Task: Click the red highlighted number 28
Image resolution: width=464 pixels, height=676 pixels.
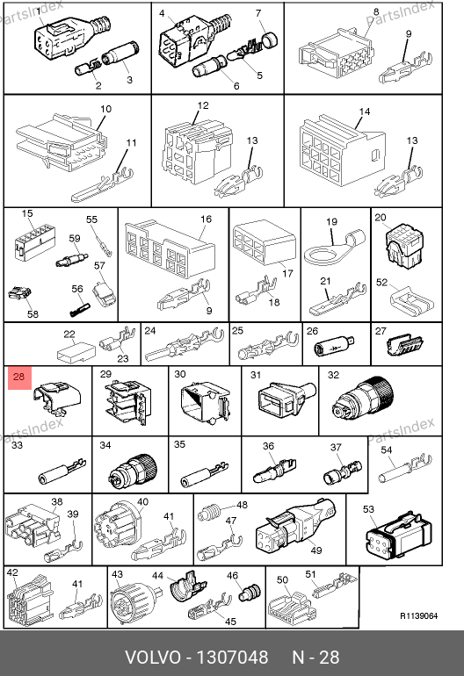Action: click(19, 378)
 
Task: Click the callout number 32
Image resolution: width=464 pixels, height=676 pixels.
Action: click(333, 375)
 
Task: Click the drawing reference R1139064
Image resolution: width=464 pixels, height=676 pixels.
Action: click(418, 616)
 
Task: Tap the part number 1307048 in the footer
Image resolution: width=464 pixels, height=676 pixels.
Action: click(232, 658)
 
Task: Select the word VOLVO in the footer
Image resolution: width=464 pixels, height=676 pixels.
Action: click(153, 658)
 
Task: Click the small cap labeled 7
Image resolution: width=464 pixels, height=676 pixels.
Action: click(270, 40)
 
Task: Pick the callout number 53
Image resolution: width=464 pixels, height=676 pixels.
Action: click(368, 509)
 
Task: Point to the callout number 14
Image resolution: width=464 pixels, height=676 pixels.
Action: click(365, 111)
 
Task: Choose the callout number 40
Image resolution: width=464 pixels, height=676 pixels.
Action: click(143, 502)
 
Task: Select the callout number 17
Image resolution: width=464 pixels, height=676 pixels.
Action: click(288, 273)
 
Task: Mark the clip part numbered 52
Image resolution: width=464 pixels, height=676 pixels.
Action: click(412, 299)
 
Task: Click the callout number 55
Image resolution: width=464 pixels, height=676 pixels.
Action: click(91, 219)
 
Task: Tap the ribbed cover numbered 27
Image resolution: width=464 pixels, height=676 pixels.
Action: click(405, 346)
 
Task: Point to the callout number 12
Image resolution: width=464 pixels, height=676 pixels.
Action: click(203, 105)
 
